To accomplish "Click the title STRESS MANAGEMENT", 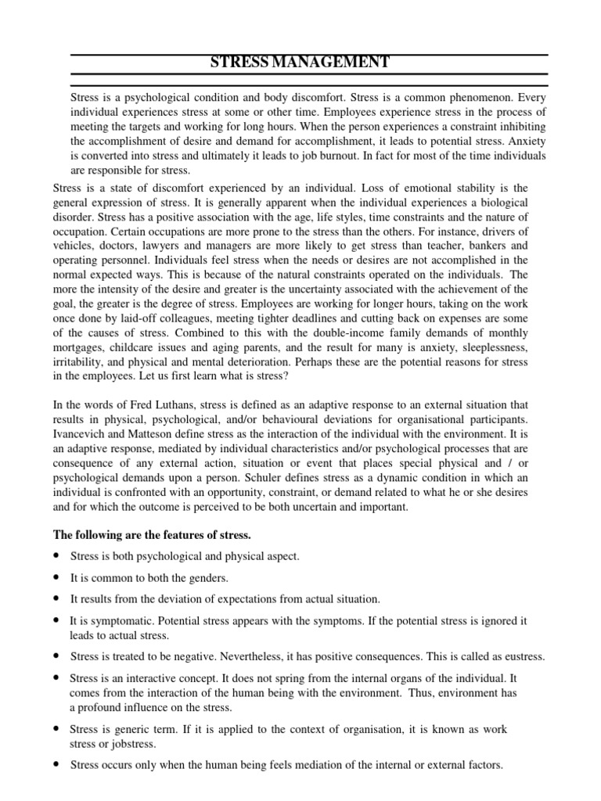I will [300, 63].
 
